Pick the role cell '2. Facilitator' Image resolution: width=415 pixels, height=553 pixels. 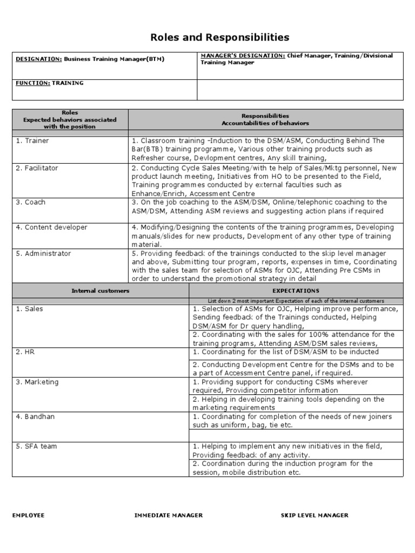pos(37,168)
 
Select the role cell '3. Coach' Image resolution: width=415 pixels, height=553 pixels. pos(31,203)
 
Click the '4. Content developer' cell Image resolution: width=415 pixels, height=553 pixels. pos(51,227)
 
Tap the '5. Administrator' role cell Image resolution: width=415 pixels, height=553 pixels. pos(44,253)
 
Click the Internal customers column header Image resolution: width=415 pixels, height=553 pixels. pos(101,291)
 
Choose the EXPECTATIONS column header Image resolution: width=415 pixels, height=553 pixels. pos(296,291)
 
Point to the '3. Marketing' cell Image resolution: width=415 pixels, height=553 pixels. pos(37,382)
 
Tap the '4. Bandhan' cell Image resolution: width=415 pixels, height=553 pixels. pos(36,416)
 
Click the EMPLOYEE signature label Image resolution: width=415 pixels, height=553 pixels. pos(29,515)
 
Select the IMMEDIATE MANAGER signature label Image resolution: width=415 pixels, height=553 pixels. pos(169,515)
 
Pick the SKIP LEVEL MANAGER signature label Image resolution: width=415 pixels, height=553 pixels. pos(314,515)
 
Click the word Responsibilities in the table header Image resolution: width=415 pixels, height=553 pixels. pos(265,116)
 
